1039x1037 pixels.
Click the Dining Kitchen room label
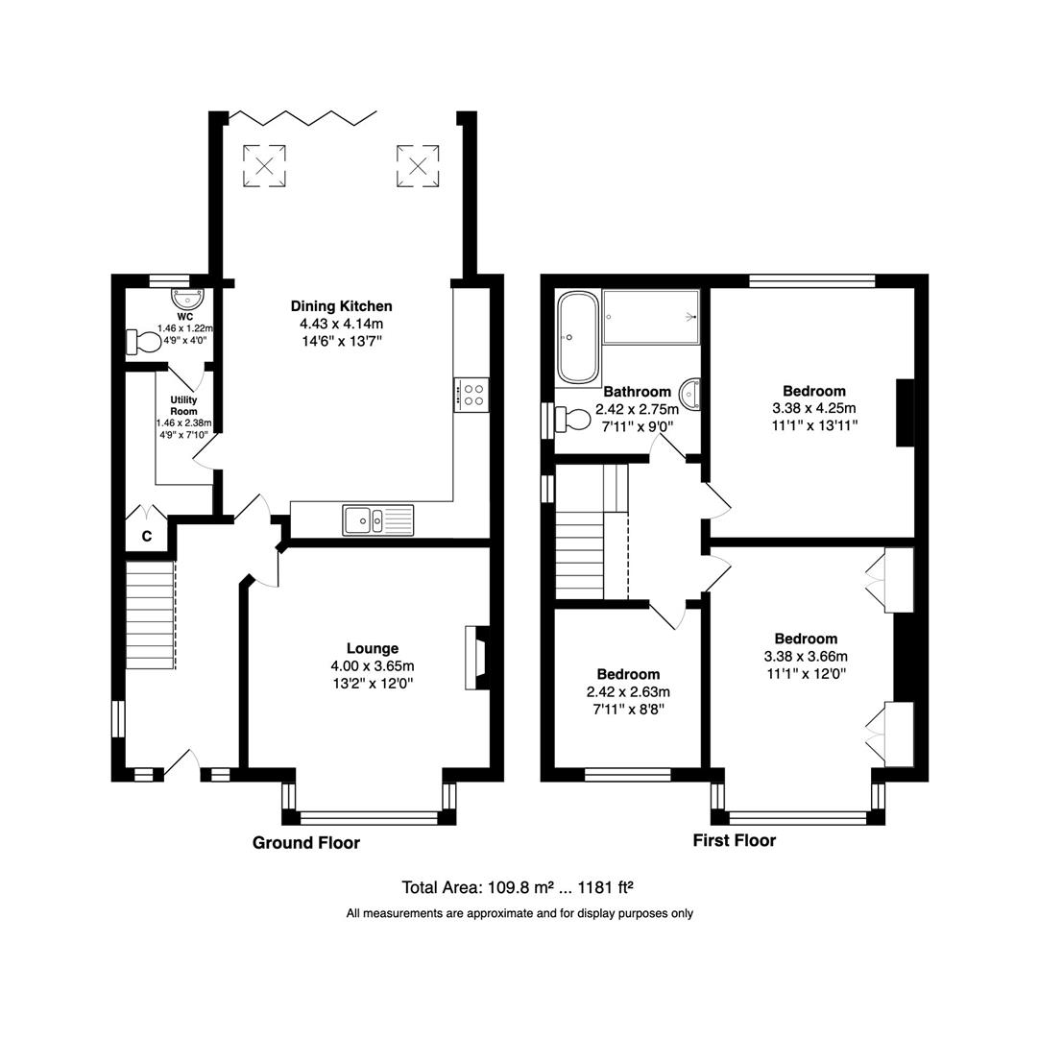click(341, 306)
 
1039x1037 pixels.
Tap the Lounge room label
click(373, 648)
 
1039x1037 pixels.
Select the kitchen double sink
click(377, 519)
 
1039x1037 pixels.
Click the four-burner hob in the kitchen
click(471, 394)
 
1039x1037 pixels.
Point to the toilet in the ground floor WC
click(145, 342)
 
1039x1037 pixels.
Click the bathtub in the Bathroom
click(577, 337)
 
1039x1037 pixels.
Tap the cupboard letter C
click(147, 538)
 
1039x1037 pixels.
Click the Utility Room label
click(183, 404)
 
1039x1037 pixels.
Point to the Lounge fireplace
click(476, 658)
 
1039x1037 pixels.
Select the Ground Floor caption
click(305, 843)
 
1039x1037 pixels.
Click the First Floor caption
click(734, 841)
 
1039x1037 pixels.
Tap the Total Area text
click(519, 887)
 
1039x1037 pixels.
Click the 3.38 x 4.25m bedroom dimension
click(813, 407)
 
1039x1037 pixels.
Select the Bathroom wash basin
click(690, 394)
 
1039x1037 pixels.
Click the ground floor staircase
click(150, 615)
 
